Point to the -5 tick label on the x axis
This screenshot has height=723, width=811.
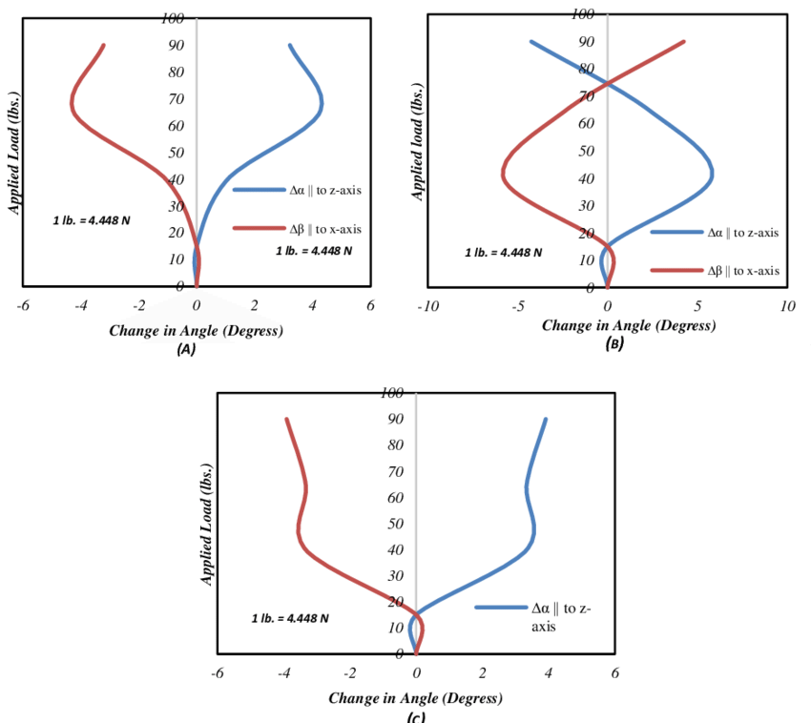[517, 307]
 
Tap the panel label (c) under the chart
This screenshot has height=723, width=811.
[415, 717]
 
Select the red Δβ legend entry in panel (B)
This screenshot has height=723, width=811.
[715, 271]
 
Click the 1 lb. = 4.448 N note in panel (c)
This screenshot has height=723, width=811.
[291, 618]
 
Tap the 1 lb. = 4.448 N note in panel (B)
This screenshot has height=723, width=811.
[504, 253]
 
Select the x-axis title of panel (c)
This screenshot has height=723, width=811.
[415, 698]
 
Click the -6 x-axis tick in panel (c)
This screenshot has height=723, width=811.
[218, 672]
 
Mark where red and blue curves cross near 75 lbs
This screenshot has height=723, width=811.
[609, 83]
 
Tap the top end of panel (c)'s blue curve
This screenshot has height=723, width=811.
[546, 419]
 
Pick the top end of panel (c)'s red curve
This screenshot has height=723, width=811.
[286, 419]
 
